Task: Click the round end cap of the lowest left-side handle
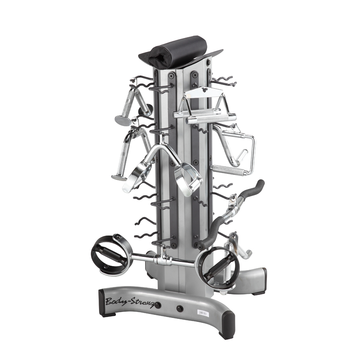[x=118, y=177]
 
